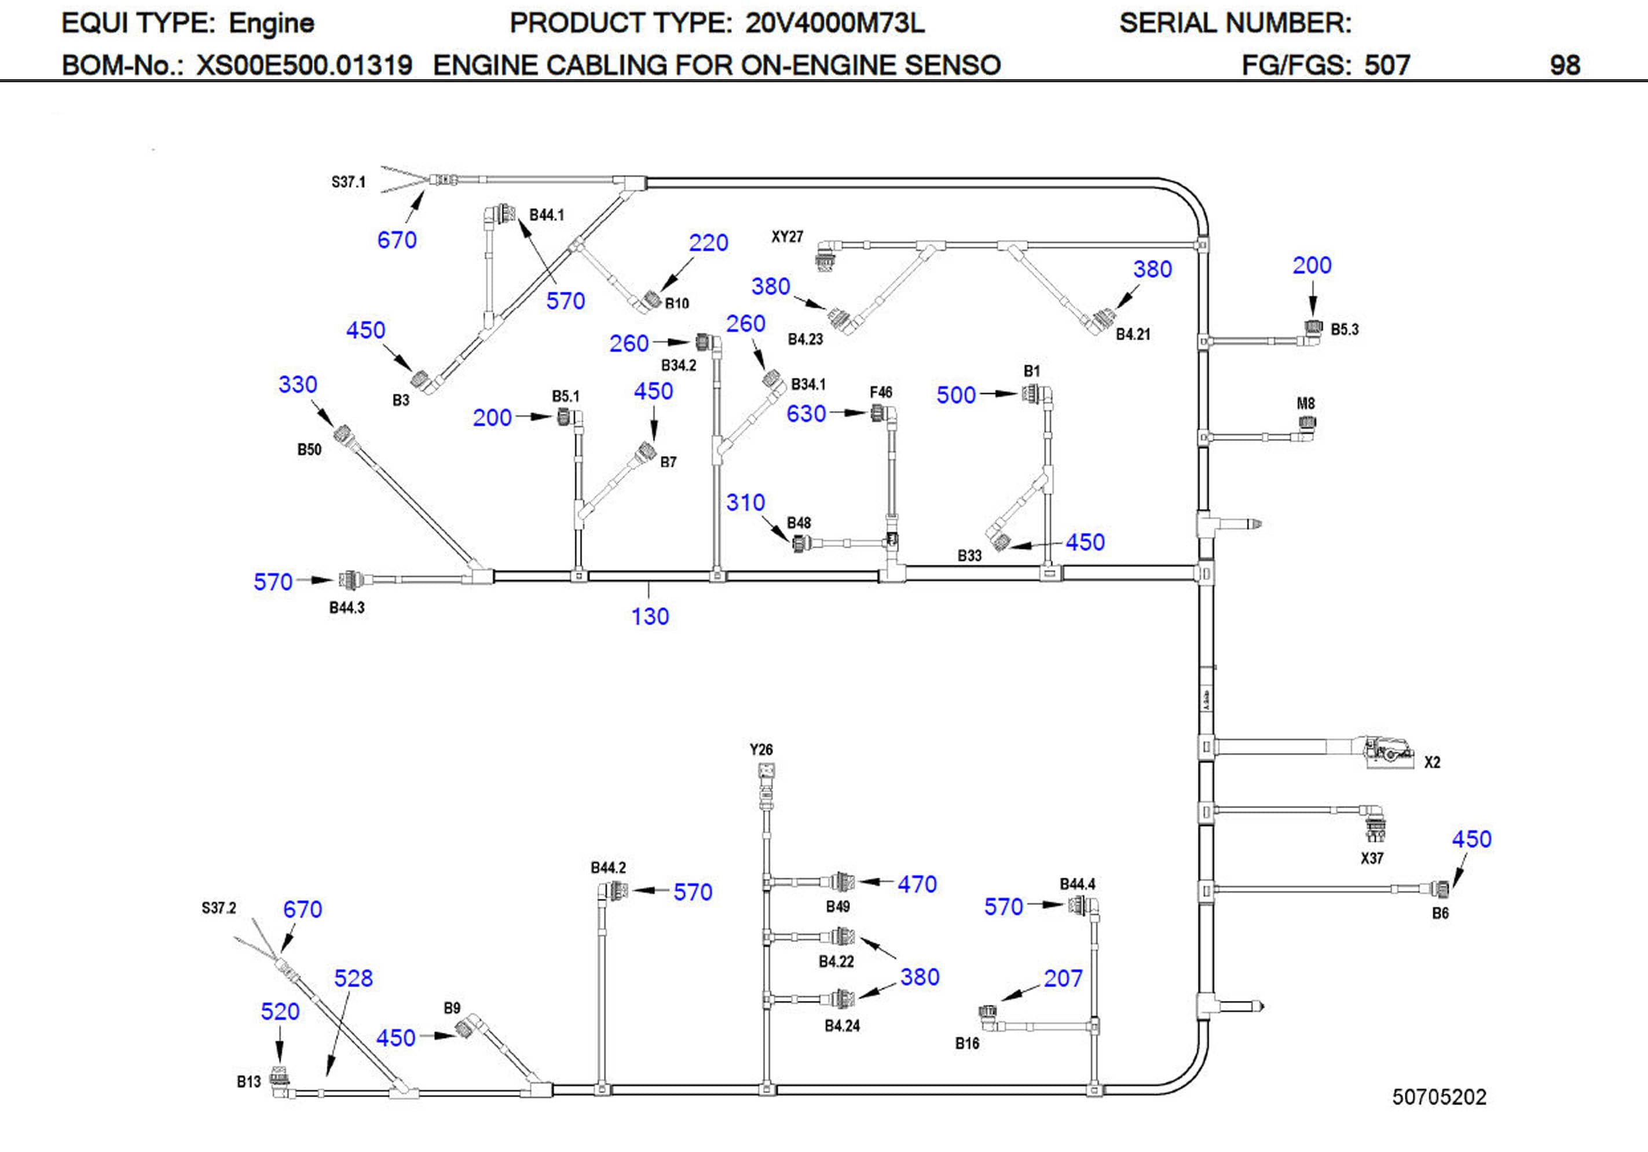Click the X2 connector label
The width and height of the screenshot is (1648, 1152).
pos(1431,762)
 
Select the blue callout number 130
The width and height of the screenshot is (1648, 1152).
pos(650,617)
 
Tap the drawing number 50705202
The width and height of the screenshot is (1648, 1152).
pos(1439,1097)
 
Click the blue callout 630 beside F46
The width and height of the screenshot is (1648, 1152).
pos(806,414)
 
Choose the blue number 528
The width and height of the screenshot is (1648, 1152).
pos(353,978)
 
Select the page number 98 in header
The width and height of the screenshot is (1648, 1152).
pos(1565,65)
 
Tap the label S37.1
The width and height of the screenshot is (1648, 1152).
pos(348,182)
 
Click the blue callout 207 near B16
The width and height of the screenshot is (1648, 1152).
pos(1063,978)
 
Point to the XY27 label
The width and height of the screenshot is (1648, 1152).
pos(787,237)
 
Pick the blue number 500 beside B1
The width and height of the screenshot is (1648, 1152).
pos(955,395)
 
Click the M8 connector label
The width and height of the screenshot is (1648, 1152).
pos(1306,403)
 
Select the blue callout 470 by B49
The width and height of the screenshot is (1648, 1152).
pos(917,885)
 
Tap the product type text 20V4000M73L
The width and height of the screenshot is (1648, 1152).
pos(835,24)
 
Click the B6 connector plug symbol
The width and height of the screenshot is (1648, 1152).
pos(1440,889)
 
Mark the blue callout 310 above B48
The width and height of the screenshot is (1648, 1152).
pos(745,502)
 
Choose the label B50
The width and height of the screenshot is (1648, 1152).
pos(309,449)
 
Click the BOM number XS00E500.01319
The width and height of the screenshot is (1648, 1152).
pos(305,65)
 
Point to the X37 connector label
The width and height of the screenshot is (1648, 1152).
pos(1372,858)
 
